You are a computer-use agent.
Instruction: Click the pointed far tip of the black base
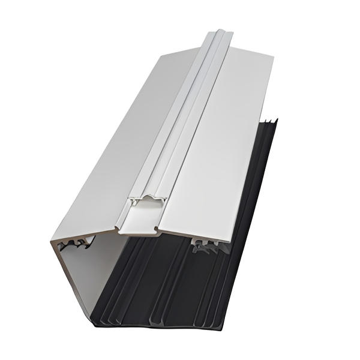coord(276,122)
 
